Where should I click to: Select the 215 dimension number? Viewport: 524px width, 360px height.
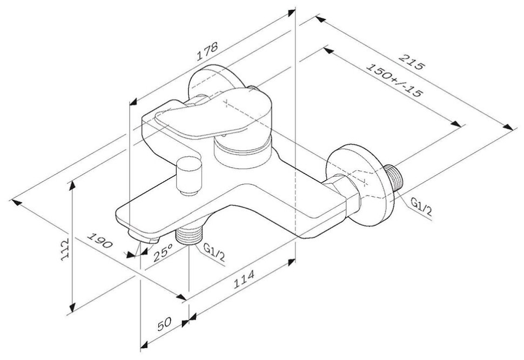tap(412, 61)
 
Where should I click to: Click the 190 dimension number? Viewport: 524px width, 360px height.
tap(99, 241)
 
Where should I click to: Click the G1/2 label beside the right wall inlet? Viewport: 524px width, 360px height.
tap(421, 207)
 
